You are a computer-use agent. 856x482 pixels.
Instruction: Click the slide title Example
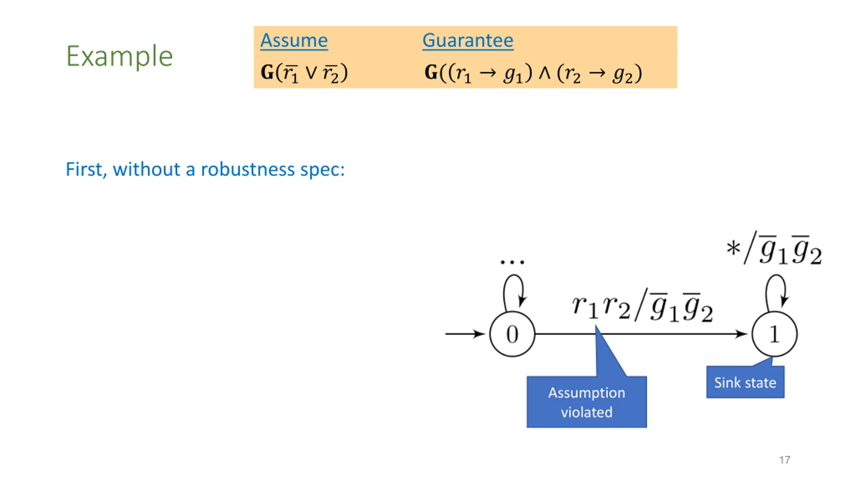click(119, 56)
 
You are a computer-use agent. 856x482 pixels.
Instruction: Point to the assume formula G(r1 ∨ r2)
click(304, 73)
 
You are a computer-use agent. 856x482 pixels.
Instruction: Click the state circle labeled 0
click(512, 334)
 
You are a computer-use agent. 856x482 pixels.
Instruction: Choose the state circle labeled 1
click(774, 334)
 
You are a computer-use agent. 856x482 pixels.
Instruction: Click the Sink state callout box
click(745, 382)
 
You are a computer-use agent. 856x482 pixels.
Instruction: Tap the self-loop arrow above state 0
click(513, 290)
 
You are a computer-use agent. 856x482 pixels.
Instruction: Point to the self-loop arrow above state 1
click(776, 290)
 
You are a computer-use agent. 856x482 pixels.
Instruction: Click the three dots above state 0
click(512, 262)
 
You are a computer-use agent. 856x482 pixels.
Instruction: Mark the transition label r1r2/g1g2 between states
click(642, 306)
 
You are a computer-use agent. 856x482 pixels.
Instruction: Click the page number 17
click(784, 460)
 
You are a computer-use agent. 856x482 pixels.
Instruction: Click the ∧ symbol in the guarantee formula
click(544, 73)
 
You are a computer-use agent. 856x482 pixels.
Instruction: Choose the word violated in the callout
click(586, 412)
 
